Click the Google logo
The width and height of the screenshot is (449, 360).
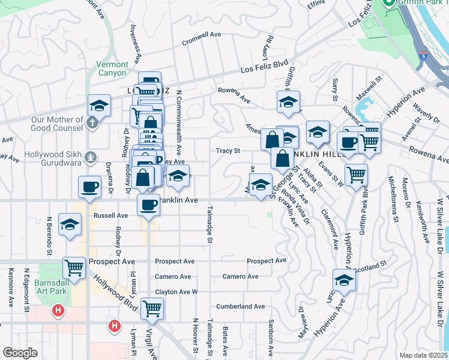tap(20, 353)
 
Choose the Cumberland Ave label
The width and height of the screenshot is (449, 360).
tap(241, 306)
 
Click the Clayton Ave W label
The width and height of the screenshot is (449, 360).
tap(176, 292)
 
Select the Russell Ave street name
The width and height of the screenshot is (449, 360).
tap(111, 215)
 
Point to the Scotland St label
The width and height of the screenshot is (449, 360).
tap(371, 265)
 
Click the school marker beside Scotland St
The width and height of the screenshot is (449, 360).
tap(344, 280)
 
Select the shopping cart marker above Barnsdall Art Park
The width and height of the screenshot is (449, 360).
tap(75, 267)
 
